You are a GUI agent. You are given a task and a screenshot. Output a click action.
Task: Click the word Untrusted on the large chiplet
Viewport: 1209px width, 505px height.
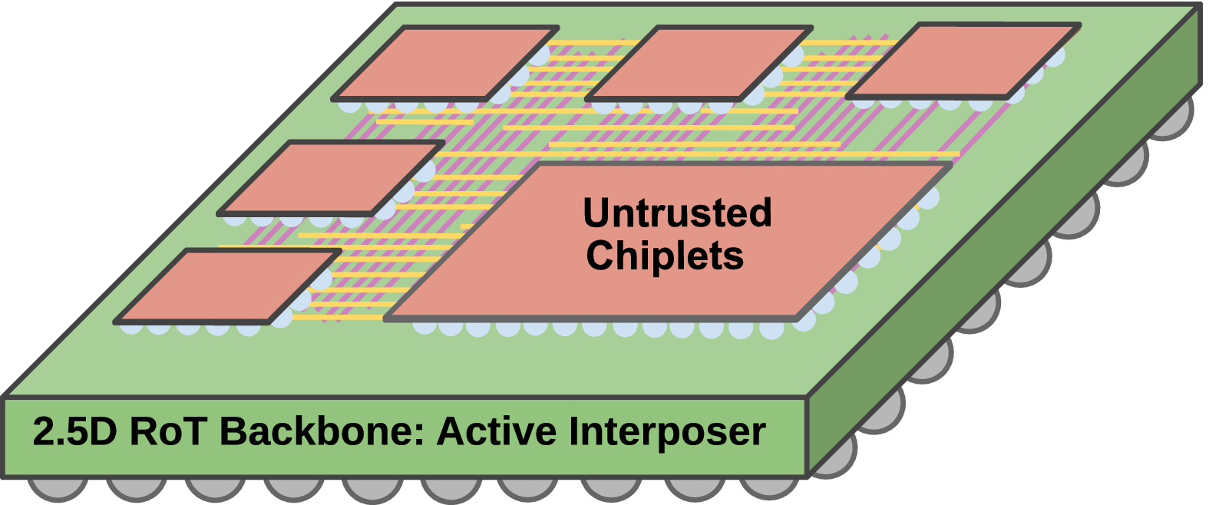click(x=677, y=213)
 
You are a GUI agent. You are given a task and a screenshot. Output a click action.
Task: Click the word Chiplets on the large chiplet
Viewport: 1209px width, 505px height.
click(x=665, y=256)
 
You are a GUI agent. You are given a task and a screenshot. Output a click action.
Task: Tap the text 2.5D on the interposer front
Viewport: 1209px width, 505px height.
click(x=74, y=431)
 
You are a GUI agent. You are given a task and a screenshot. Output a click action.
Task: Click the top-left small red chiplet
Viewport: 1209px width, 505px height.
click(x=445, y=63)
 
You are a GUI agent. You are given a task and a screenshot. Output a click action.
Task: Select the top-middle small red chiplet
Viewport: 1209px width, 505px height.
click(x=699, y=63)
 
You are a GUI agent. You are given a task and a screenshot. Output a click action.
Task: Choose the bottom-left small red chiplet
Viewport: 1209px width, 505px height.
click(x=228, y=286)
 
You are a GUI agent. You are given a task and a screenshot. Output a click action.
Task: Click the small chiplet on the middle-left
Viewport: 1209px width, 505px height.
click(x=332, y=177)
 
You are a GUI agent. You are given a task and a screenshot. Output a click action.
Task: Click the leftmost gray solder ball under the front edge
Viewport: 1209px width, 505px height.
click(x=58, y=488)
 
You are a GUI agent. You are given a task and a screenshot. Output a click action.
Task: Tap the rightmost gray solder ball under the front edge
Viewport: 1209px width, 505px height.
click(x=768, y=488)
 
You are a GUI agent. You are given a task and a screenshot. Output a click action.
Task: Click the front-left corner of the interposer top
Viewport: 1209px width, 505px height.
click(x=6, y=398)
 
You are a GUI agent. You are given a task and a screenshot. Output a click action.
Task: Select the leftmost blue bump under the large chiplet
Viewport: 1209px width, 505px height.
click(x=424, y=326)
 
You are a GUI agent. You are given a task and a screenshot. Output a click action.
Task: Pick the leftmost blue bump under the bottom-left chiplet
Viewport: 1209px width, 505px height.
click(x=130, y=327)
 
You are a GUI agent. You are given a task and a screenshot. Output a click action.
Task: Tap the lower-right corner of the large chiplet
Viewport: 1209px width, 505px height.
click(x=798, y=317)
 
